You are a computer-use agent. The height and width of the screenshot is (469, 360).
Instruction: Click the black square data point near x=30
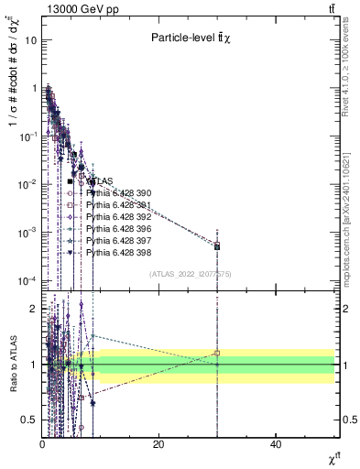point(217,246)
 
